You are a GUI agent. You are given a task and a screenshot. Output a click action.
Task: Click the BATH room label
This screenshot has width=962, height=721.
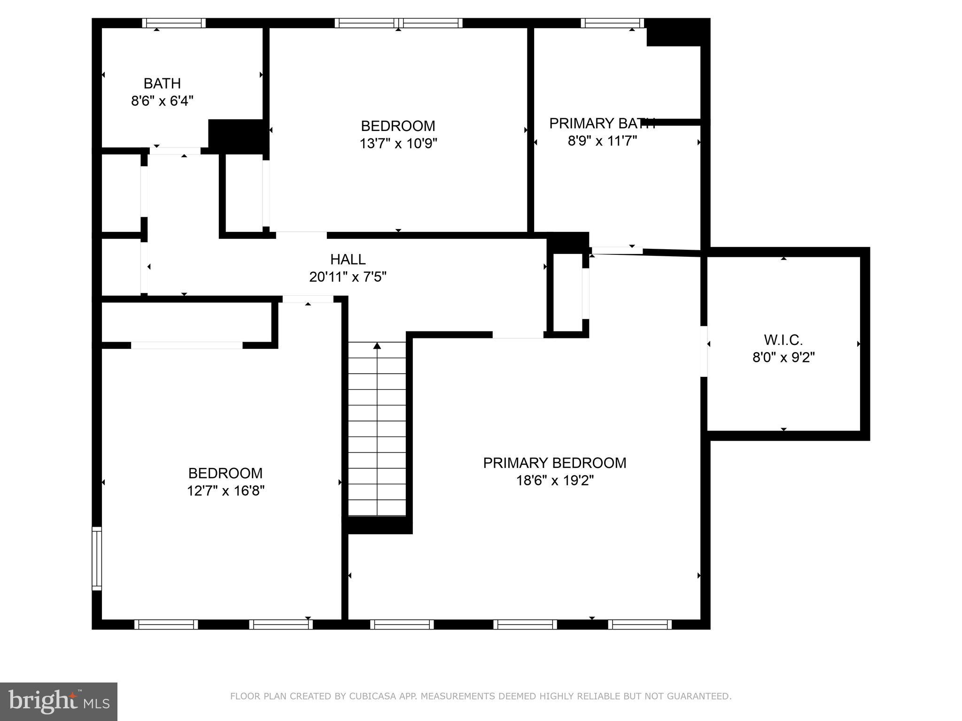coord(162,83)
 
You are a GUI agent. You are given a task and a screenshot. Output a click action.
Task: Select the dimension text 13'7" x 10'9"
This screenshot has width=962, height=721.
coord(398,143)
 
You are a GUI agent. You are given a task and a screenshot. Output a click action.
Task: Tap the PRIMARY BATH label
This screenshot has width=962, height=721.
coord(602,123)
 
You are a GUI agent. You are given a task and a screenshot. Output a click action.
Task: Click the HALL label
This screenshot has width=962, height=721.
coord(348,259)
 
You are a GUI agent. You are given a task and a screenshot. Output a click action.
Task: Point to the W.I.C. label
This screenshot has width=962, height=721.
coord(783,339)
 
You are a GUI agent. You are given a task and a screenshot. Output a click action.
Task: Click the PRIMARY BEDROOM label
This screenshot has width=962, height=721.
coord(554,463)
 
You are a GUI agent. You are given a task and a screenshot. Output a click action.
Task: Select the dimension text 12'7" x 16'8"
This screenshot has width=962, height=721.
coord(225,491)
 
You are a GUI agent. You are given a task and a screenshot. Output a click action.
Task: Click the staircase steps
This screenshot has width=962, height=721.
coord(377,437)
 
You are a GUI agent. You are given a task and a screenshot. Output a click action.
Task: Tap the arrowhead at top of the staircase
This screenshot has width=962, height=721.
coord(377,346)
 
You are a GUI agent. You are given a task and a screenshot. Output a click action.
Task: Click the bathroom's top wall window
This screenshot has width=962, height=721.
coord(174,23)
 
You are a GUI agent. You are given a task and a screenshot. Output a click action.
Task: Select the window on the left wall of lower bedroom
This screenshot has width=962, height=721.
coord(96,558)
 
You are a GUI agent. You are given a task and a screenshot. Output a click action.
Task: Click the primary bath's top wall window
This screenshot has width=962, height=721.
coord(612,23)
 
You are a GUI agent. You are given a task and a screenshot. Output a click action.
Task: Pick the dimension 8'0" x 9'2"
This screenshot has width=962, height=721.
coord(783,358)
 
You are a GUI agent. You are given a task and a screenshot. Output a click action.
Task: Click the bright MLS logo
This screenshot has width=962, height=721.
coord(58,701)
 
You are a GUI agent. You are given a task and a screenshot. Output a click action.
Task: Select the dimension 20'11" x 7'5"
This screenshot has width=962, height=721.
coord(348,277)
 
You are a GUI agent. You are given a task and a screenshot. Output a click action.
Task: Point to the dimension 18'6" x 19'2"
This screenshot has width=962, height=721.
coord(554,481)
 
